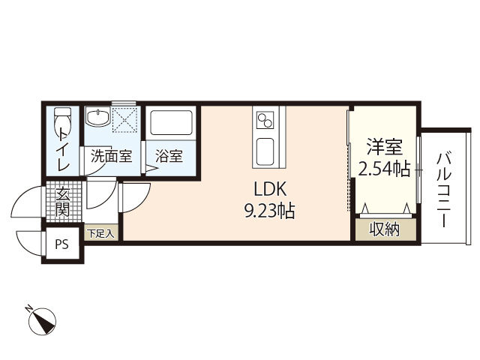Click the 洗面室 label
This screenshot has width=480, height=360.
(x=111, y=157)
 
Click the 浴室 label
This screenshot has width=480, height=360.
(x=169, y=157)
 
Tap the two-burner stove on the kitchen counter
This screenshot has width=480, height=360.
(x=266, y=119)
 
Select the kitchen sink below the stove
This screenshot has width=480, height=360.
(x=266, y=151)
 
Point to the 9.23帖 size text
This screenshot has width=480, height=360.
(x=269, y=211)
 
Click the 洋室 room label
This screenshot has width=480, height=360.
(x=383, y=147)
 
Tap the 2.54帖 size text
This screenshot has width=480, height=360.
(x=383, y=169)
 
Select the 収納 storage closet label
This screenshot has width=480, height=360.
(x=384, y=229)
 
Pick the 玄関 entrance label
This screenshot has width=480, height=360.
(x=62, y=201)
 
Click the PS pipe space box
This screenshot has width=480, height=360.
(x=62, y=244)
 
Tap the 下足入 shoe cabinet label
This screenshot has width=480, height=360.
(x=100, y=233)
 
